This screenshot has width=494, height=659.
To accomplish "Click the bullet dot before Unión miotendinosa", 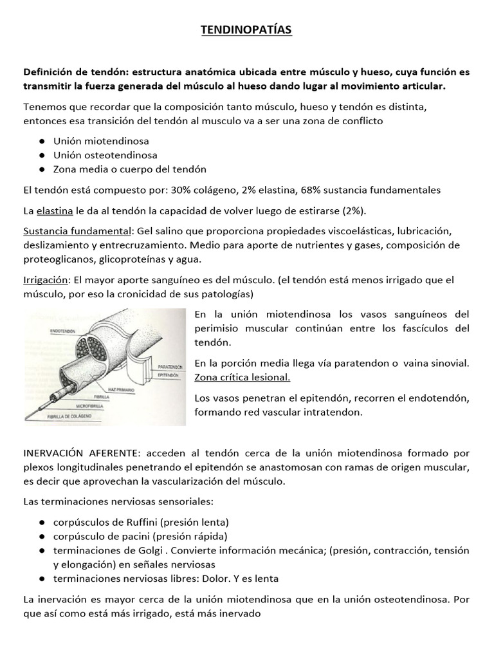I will click(41, 141).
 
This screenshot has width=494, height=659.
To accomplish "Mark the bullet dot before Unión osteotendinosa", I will click(41, 155).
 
